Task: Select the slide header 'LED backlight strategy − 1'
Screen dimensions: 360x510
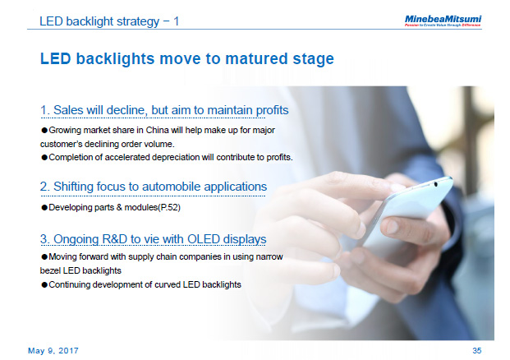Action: [109, 21]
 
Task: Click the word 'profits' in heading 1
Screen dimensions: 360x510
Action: [269, 110]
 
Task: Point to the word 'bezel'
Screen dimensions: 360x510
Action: [53, 270]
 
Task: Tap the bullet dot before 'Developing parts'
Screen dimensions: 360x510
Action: [44, 207]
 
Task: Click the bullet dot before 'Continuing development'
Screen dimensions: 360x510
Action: [44, 284]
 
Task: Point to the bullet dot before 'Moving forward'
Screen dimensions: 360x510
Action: [44, 258]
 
